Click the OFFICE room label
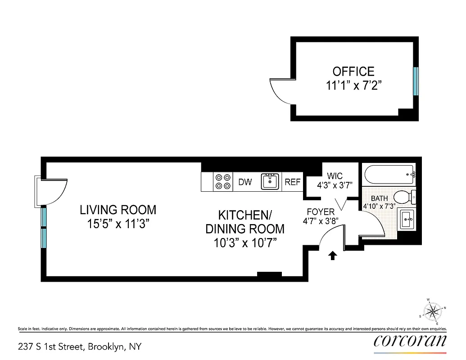353,72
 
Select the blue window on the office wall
416,81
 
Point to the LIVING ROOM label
118,210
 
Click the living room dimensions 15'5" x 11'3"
118,224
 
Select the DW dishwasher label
245,182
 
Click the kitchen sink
270,181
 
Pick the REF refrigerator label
293,182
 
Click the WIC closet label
335,176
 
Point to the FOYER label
321,212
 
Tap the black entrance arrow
332,256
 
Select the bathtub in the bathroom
389,174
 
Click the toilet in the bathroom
404,197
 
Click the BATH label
379,198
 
